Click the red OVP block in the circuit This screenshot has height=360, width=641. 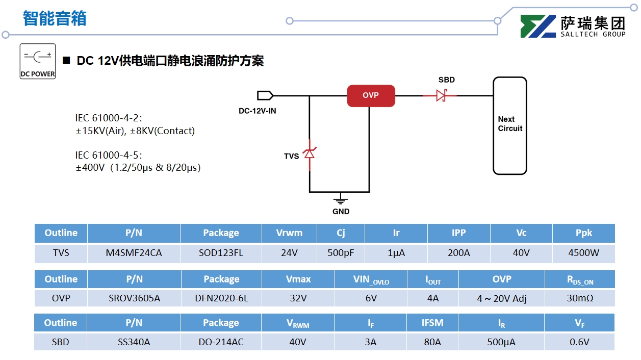point(371,95)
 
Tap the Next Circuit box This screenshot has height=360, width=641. point(509,125)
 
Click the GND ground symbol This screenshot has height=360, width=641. point(341,199)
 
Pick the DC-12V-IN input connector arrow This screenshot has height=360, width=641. point(265,95)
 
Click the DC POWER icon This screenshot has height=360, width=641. point(38,61)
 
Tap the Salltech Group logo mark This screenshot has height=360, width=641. point(537,27)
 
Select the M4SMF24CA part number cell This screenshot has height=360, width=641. point(134,253)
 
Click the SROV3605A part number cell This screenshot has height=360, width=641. point(134,298)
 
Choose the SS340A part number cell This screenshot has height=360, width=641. point(134,342)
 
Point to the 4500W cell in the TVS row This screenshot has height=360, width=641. point(583,253)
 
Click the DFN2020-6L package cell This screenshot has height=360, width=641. point(221,298)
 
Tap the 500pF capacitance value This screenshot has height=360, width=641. point(341,253)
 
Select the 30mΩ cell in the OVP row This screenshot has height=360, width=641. point(580,298)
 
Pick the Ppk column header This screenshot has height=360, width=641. point(583,233)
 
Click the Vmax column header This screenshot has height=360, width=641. point(298,279)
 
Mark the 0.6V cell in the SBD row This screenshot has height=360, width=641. point(579,342)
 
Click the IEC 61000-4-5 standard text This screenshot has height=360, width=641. point(108,155)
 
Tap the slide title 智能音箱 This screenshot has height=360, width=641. point(55,18)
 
